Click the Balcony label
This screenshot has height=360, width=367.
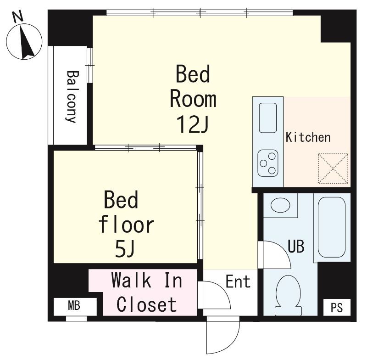pyautogui.click(x=72, y=97)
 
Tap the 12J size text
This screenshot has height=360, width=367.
pyautogui.click(x=192, y=124)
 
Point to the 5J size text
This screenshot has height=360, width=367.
pyautogui.click(x=125, y=249)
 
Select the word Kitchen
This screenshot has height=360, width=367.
pyautogui.click(x=308, y=137)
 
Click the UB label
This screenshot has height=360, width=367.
pyautogui.click(x=296, y=247)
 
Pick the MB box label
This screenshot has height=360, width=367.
pyautogui.click(x=74, y=306)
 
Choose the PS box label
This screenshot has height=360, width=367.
pyautogui.click(x=337, y=307)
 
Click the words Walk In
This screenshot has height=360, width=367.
pyautogui.click(x=147, y=280)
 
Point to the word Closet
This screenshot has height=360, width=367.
pyautogui.click(x=146, y=304)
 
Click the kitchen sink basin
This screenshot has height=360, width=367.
pyautogui.click(x=268, y=118)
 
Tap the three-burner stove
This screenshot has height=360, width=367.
pyautogui.click(x=268, y=163)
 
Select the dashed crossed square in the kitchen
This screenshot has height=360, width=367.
pyautogui.click(x=333, y=169)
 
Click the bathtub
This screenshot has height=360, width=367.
pyautogui.click(x=332, y=227)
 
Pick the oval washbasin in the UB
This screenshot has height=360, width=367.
pyautogui.click(x=280, y=205)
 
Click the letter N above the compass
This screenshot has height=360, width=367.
pyautogui.click(x=17, y=17)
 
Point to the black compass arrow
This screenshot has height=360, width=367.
pyautogui.click(x=27, y=42)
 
